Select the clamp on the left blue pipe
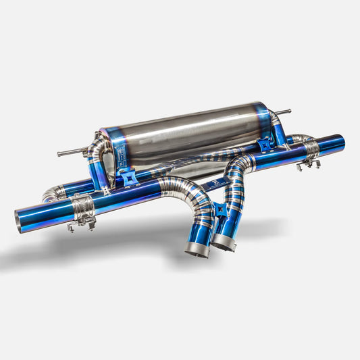pos(82,205)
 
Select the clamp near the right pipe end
pos(309,149)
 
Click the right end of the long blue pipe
pos(340,143)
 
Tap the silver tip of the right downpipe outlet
pos(224,243)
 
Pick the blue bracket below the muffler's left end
pos(126,177)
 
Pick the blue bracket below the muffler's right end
pos(265,144)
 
